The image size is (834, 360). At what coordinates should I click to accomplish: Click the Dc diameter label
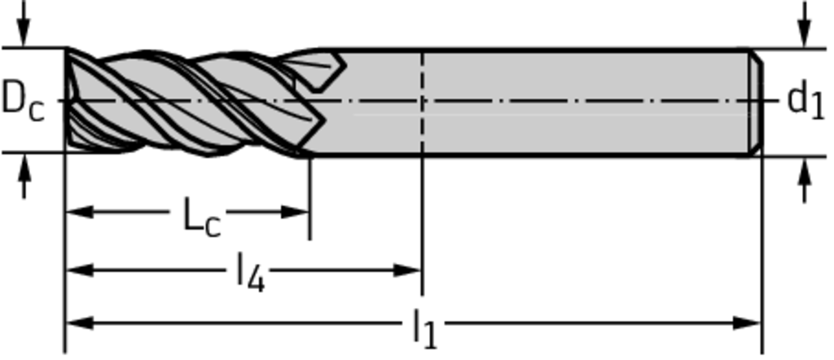[23, 100]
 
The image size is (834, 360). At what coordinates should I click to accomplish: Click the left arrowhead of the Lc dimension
[80, 212]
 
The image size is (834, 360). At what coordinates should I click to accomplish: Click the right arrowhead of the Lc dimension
[295, 212]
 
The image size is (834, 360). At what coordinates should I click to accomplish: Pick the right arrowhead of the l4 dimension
[407, 270]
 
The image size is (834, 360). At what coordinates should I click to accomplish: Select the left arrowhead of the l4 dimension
[80, 270]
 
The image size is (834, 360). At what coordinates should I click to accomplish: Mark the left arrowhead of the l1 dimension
[80, 323]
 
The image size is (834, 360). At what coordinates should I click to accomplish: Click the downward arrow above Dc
[23, 24]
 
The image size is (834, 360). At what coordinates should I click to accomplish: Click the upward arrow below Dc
[23, 176]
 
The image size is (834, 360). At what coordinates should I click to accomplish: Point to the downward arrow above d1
[805, 24]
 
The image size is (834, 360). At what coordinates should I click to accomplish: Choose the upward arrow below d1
[805, 180]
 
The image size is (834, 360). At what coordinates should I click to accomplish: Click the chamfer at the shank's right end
[757, 102]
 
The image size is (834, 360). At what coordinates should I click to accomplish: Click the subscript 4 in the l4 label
[256, 281]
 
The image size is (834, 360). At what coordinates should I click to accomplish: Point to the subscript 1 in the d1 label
[818, 108]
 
